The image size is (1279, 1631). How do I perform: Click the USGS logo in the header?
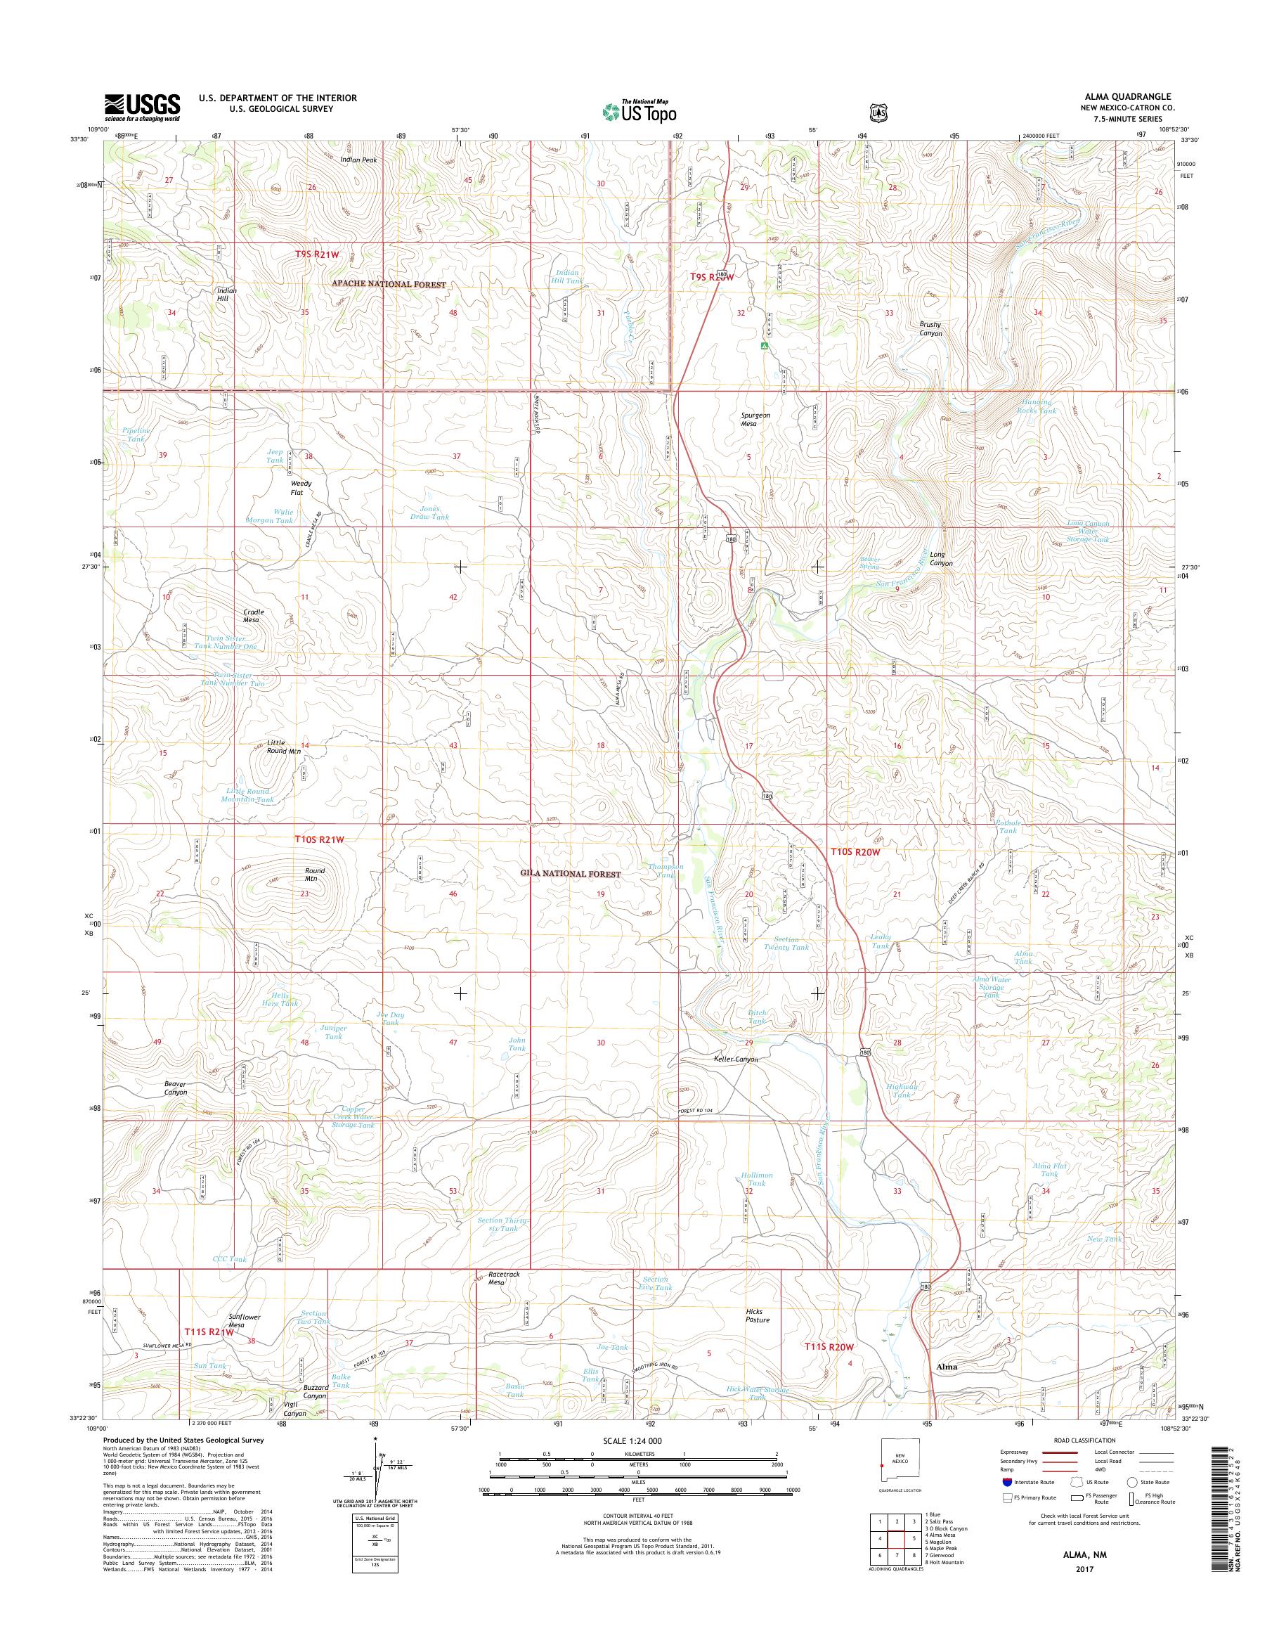[x=142, y=107]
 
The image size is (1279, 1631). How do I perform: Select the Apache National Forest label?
[x=389, y=285]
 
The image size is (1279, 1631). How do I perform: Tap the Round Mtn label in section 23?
[x=315, y=875]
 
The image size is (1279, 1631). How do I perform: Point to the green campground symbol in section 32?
[x=763, y=346]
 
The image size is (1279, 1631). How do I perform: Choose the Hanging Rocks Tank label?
[x=1038, y=406]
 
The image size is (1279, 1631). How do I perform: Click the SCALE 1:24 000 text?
[x=632, y=1440]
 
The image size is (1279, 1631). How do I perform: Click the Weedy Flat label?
[x=301, y=488]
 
